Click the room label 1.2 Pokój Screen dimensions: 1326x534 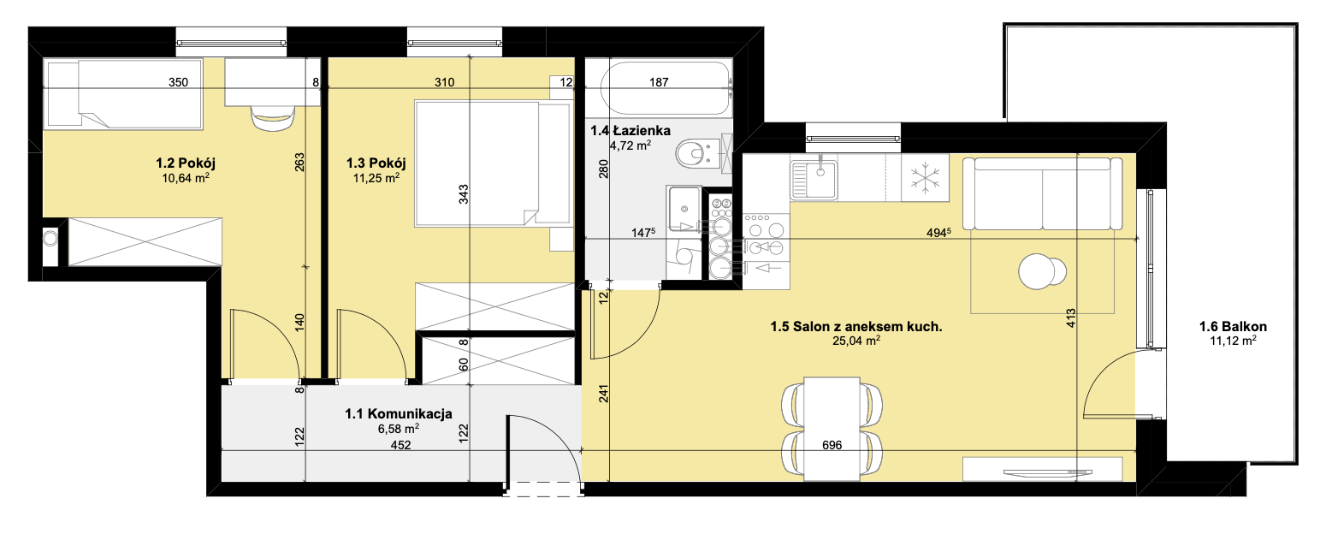[186, 163]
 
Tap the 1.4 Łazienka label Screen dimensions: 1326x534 [630, 130]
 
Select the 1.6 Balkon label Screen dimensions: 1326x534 [1233, 326]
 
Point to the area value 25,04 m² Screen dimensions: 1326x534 [856, 341]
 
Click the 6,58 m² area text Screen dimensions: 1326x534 [399, 428]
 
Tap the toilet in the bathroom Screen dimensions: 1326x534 [696, 153]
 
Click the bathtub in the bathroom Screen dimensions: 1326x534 [666, 87]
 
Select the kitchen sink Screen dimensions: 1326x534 [814, 179]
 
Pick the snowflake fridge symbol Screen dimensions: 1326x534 [925, 178]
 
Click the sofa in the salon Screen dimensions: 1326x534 [1042, 193]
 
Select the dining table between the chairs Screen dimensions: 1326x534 [832, 429]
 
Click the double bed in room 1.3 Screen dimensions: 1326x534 [493, 163]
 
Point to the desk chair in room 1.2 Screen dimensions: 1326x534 [273, 118]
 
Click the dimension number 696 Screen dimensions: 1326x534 [832, 445]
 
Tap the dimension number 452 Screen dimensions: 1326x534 [400, 445]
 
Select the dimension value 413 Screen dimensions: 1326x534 [1071, 318]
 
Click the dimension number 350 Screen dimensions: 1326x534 [178, 82]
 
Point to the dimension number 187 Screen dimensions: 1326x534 [659, 82]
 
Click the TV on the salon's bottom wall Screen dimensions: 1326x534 [1048, 472]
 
